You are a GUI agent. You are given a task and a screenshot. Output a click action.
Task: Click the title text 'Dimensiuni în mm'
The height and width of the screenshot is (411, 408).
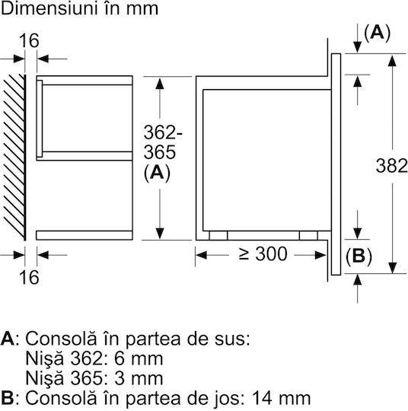(80, 9)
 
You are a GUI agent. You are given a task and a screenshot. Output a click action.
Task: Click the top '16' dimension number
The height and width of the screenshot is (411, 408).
(29, 40)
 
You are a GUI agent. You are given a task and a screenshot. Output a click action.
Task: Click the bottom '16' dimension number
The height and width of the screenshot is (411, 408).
(29, 277)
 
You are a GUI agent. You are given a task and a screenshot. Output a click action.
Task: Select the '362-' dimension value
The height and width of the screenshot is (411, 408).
(163, 132)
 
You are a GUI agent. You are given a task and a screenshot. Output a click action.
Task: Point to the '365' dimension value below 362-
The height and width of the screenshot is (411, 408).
(159, 152)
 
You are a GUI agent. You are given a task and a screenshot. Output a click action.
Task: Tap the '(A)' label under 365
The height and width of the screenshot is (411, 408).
(157, 173)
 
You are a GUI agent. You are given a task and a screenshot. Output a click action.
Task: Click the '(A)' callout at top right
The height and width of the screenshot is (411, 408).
(378, 33)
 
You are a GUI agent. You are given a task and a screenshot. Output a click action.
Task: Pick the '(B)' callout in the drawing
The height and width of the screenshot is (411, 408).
(359, 256)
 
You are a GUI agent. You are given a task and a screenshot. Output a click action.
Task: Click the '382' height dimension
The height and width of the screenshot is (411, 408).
(392, 166)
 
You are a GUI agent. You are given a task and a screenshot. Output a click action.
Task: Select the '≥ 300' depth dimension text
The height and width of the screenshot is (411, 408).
(263, 254)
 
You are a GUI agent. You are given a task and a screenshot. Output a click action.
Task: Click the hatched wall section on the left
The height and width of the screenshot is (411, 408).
(14, 158)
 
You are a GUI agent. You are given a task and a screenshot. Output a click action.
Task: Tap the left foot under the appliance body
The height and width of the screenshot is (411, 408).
(218, 235)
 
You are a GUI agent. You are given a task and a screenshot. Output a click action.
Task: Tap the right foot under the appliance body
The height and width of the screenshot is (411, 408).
(308, 235)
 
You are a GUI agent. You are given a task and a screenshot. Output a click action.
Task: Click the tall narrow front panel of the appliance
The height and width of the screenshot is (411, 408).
(336, 164)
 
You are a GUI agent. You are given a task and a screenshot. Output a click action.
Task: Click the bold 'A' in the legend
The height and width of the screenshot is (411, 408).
(8, 339)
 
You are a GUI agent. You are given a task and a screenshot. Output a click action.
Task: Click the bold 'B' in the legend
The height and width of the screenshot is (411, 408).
(7, 397)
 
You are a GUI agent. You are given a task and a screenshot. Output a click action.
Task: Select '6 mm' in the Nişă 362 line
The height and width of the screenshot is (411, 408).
(139, 358)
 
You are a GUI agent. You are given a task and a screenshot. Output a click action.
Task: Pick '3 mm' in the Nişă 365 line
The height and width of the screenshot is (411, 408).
(139, 378)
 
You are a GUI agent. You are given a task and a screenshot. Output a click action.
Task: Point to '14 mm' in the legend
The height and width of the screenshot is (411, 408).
(281, 397)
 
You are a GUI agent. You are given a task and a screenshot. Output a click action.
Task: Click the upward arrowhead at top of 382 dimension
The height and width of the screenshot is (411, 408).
(392, 61)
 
